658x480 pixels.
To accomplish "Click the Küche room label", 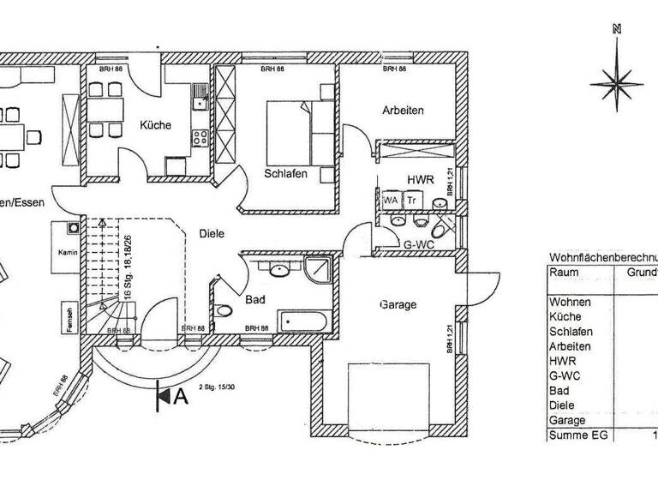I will [156, 125].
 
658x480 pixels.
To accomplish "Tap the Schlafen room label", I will [286, 172].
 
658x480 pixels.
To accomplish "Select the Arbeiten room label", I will [402, 111].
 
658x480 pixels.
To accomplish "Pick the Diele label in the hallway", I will [212, 232].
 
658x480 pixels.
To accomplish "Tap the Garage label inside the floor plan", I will [398, 304].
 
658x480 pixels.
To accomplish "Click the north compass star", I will [615, 81].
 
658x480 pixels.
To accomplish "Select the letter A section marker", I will [180, 396].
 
